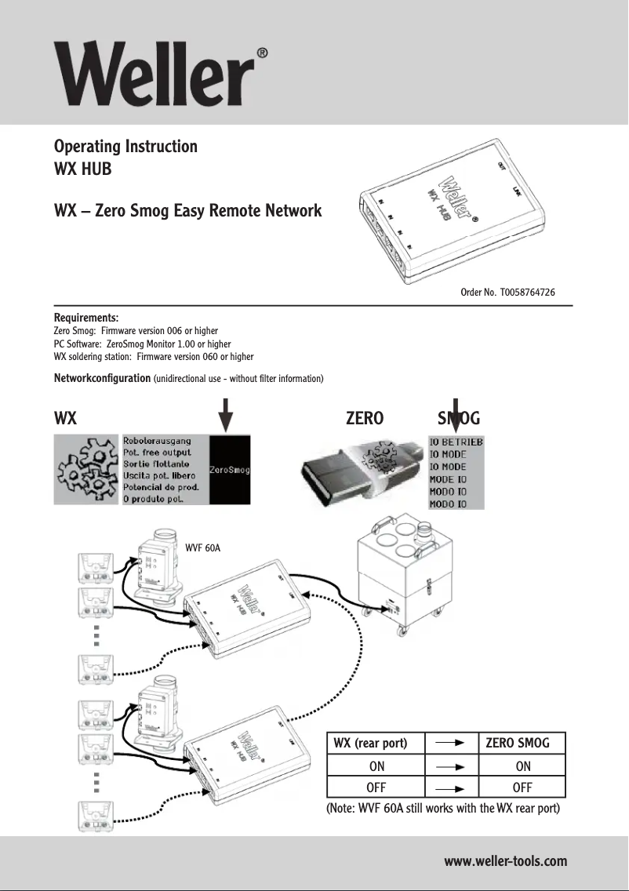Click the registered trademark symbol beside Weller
[263, 53]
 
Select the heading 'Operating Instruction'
[125, 147]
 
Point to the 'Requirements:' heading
[85, 318]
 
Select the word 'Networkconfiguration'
[102, 378]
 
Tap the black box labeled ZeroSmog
[229, 470]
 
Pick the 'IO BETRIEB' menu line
[456, 442]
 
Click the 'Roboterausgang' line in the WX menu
[162, 442]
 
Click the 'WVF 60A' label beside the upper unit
[202, 547]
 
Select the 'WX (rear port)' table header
[370, 743]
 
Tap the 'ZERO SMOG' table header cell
[518, 743]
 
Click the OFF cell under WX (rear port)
[376, 787]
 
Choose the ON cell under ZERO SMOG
[523, 766]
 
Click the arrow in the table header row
[452, 743]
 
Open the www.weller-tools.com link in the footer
[505, 861]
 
